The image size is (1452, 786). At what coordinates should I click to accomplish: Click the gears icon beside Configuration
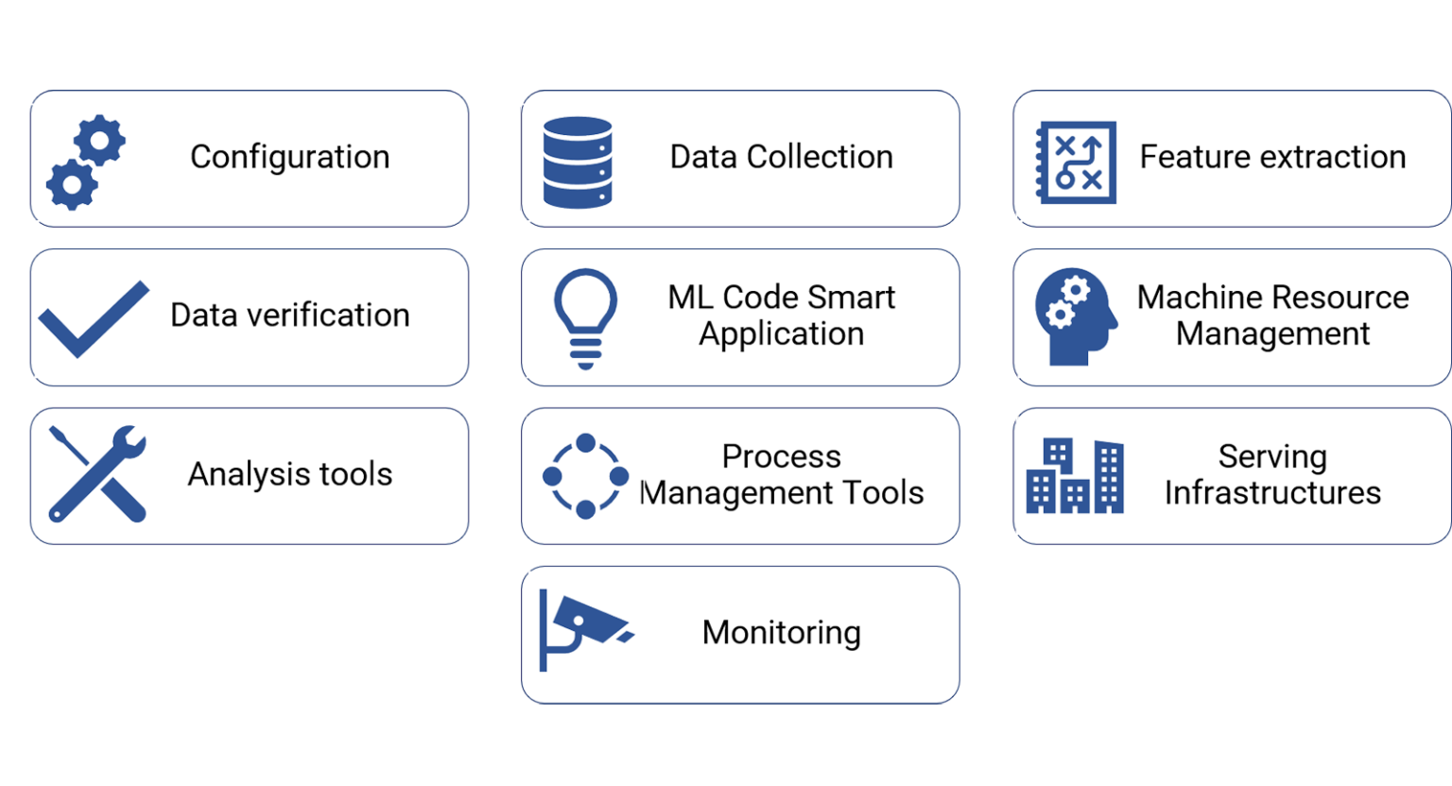[85, 162]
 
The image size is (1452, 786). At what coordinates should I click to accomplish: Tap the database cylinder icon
[578, 162]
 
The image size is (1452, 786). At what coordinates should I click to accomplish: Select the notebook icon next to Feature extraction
[1076, 162]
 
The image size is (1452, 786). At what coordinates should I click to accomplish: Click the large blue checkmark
[93, 319]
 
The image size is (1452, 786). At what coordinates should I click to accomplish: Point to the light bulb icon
[585, 318]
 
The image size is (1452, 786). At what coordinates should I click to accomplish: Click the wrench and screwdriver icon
[97, 473]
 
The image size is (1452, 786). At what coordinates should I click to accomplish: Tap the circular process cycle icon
[585, 476]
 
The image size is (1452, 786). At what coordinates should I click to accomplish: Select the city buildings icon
[1075, 476]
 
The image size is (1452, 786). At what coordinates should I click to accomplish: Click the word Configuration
[289, 157]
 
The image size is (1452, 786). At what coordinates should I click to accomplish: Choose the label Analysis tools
[289, 474]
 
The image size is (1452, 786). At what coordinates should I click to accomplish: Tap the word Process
[781, 457]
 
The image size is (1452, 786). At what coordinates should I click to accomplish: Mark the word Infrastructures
[1272, 493]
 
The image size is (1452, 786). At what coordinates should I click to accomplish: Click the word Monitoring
[781, 633]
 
